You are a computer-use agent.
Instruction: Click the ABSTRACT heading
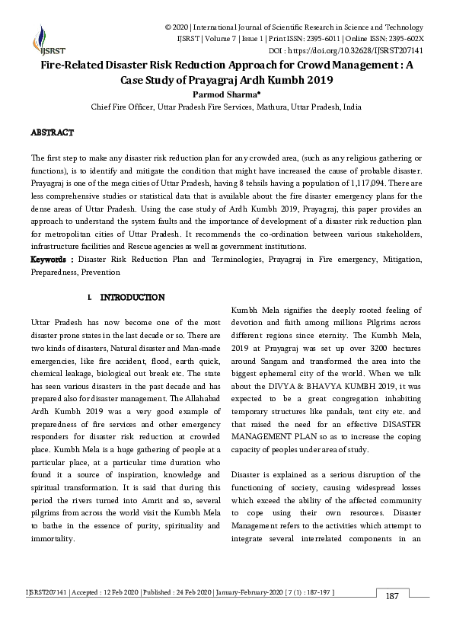(52, 132)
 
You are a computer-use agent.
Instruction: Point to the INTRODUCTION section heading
(132, 296)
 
